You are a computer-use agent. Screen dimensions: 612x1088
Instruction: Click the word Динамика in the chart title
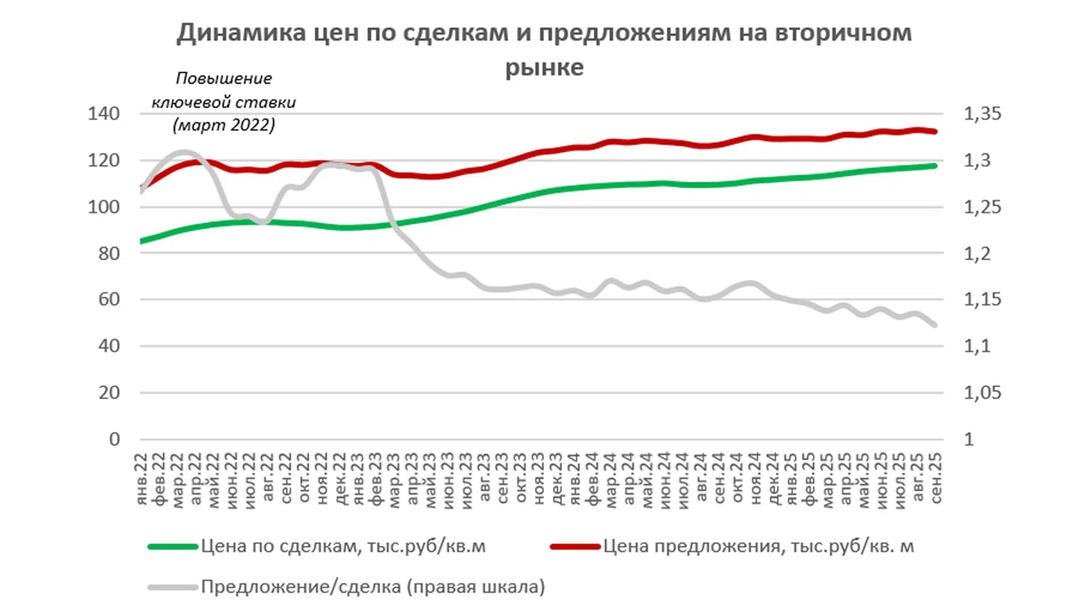(240, 33)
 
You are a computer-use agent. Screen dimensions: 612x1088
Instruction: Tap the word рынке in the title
(544, 67)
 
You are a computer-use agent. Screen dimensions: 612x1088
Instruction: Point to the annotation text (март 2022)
(224, 125)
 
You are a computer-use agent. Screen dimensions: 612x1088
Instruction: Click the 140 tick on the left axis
(104, 113)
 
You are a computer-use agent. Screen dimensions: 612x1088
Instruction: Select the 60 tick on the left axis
(109, 299)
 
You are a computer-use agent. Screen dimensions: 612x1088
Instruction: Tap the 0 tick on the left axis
(114, 439)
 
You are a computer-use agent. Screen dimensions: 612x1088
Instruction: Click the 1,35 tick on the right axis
(983, 113)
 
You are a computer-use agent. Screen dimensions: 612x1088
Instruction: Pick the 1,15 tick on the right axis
(983, 299)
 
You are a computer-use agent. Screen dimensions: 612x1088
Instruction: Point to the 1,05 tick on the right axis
(983, 393)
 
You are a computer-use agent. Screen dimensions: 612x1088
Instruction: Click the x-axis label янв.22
(142, 479)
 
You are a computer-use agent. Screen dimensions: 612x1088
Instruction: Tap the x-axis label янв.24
(575, 479)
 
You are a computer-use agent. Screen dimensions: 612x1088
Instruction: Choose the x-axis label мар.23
(394, 479)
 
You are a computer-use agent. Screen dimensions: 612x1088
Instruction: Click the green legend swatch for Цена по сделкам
(173, 547)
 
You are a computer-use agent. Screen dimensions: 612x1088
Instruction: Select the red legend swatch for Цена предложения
(575, 547)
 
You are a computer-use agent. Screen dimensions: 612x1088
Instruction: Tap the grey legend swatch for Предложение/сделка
(173, 587)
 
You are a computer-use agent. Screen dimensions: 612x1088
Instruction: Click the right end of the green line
(934, 165)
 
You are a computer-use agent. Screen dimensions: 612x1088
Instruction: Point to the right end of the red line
(934, 131)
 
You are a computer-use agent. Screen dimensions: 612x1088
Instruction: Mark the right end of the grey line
(934, 325)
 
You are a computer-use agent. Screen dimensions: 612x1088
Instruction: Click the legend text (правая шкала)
(475, 587)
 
